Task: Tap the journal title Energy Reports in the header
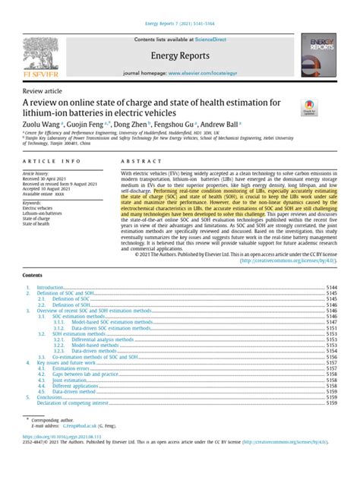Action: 179,55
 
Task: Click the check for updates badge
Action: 310,107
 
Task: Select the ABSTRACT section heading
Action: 137,162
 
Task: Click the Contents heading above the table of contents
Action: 33,253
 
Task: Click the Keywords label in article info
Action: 35,203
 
